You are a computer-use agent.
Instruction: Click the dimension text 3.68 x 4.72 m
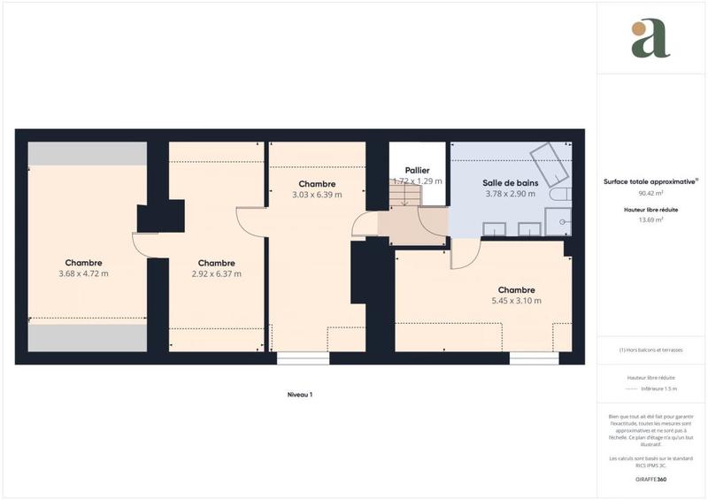(x=83, y=274)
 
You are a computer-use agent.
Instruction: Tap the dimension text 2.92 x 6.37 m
(x=217, y=274)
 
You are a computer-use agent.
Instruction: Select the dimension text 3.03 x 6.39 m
(x=317, y=195)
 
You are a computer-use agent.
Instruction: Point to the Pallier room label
(x=418, y=169)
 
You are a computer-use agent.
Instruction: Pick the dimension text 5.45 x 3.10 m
(x=516, y=301)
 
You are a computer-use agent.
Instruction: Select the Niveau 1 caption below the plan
(x=300, y=395)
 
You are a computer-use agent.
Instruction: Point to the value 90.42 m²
(x=650, y=193)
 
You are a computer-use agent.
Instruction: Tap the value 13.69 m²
(x=650, y=219)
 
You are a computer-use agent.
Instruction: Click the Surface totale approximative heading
(x=650, y=181)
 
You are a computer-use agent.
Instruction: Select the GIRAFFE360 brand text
(x=650, y=479)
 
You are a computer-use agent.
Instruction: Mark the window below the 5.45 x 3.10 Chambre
(x=527, y=358)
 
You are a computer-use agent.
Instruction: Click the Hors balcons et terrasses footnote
(x=650, y=350)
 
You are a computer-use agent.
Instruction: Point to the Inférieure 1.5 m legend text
(x=660, y=388)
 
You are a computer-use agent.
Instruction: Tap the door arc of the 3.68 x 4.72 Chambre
(x=141, y=244)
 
